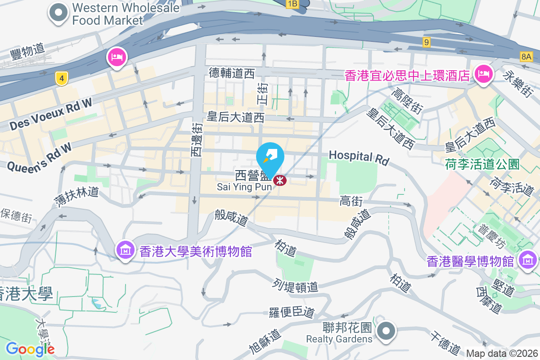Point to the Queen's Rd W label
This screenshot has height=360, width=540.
tap(39, 157)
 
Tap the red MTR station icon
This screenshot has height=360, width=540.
tap(280, 180)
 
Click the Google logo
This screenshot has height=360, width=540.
tap(30, 349)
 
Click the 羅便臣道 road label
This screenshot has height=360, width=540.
tap(292, 312)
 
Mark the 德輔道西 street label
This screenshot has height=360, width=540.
tap(232, 73)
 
